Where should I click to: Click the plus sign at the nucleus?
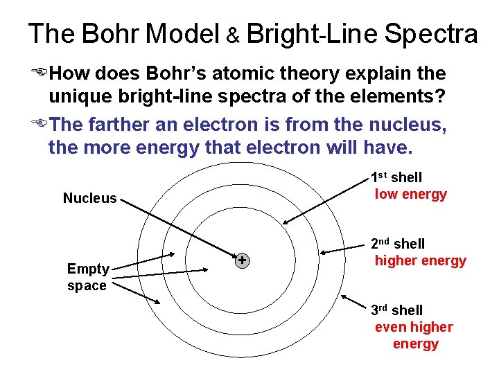pos(243,260)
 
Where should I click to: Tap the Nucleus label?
pos(90,199)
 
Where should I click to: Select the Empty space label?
pos(87,277)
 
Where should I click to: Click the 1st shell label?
pos(396,177)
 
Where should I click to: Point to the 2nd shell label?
pos(398,244)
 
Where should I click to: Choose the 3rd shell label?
pos(396,310)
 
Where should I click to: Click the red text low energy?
pos(411,195)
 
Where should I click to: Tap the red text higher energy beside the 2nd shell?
pos(421,261)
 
